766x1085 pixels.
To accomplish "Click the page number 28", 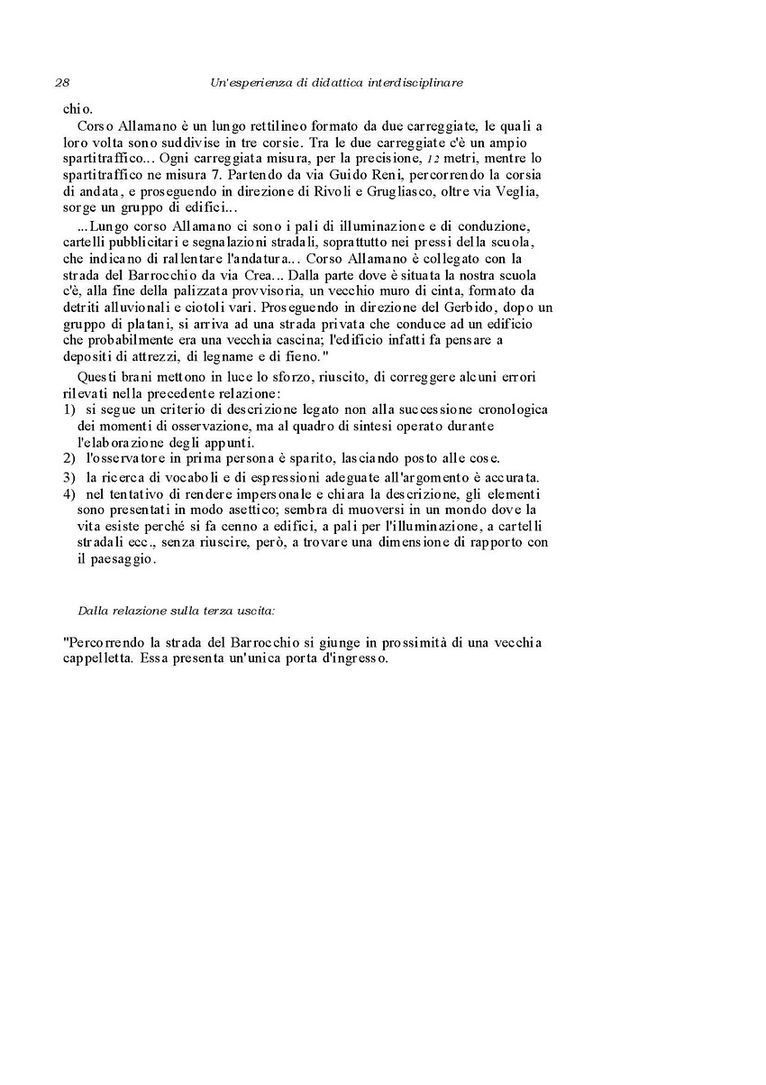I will (62, 83).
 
